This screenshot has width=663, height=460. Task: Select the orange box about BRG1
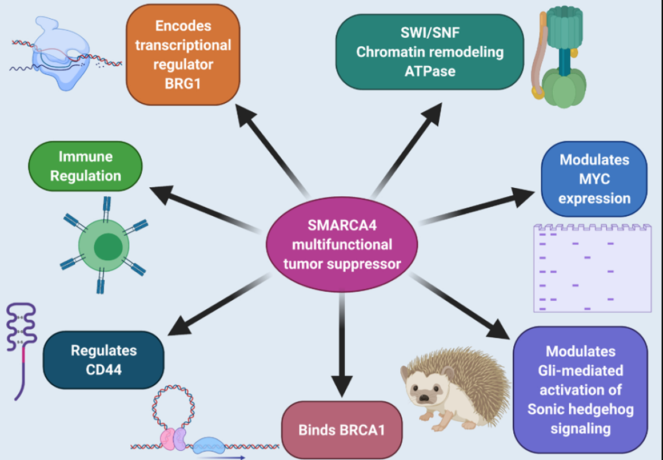tap(183, 54)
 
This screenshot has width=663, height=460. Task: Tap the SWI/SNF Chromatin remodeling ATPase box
tap(430, 52)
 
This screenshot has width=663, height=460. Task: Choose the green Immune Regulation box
tap(85, 166)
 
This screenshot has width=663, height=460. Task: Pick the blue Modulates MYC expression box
tap(594, 179)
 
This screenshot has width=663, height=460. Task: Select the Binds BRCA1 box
tap(342, 429)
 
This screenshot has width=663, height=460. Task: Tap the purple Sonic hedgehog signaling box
tap(581, 389)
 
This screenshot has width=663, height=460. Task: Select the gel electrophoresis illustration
tap(592, 268)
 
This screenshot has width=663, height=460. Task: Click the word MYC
tap(594, 179)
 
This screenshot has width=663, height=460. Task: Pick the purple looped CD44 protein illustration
tap(22, 348)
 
